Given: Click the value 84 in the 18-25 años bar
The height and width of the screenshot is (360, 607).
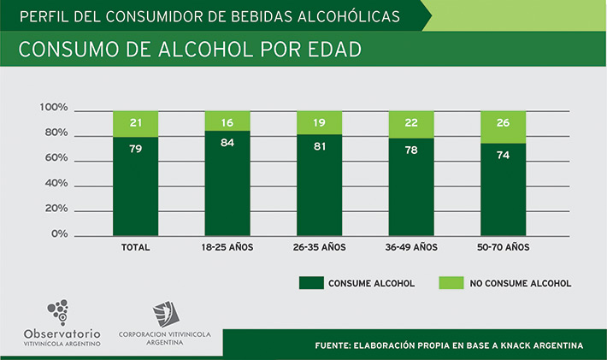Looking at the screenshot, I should (227, 142).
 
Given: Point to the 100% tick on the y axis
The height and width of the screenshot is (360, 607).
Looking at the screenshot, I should (53, 108).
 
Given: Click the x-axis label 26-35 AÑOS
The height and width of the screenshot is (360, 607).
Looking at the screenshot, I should (319, 247).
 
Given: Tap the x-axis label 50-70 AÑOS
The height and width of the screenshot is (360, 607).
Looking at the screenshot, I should (503, 247).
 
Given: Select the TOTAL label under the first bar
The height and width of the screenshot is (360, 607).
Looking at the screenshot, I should (136, 247).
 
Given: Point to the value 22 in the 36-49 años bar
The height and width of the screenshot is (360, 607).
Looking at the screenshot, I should (411, 123).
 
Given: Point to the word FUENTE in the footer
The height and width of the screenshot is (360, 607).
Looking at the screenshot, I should (336, 345).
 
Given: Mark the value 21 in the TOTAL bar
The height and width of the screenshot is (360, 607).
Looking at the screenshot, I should (136, 123).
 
